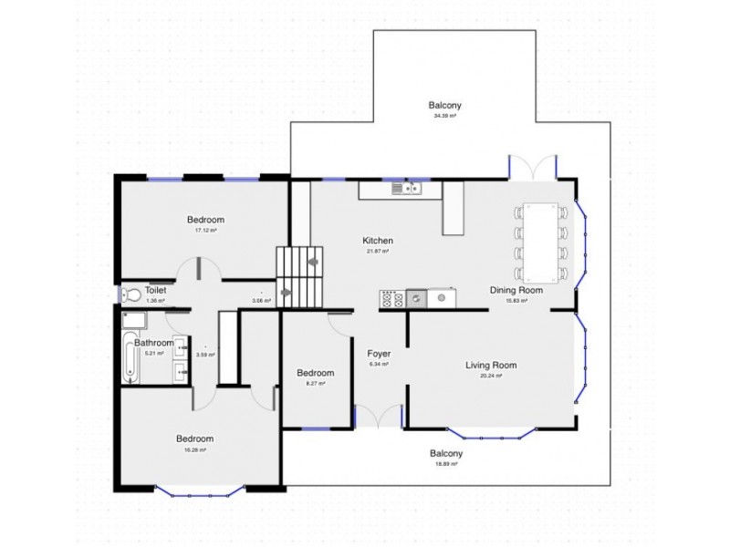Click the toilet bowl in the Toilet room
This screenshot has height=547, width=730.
tap(130, 294)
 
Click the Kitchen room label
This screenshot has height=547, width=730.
tap(376, 241)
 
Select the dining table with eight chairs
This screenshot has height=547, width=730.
tap(541, 242)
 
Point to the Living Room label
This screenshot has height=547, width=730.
tap(491, 366)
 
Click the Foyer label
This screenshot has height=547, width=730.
tap(379, 353)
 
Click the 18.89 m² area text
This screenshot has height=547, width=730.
tap(446, 464)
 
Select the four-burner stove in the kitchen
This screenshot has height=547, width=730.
tap(391, 297)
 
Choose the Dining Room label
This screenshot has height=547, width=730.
tap(516, 290)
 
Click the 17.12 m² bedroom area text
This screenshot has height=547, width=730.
tap(205, 231)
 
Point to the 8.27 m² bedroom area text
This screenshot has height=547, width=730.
tap(315, 384)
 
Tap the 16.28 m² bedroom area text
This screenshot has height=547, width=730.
tap(194, 449)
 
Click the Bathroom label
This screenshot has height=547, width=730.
tap(153, 343)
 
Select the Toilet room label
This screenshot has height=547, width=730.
tap(155, 289)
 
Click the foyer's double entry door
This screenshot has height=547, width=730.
tap(378, 418)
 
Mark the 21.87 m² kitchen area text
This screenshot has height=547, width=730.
tap(376, 252)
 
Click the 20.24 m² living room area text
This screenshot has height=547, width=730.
tap(491, 376)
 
